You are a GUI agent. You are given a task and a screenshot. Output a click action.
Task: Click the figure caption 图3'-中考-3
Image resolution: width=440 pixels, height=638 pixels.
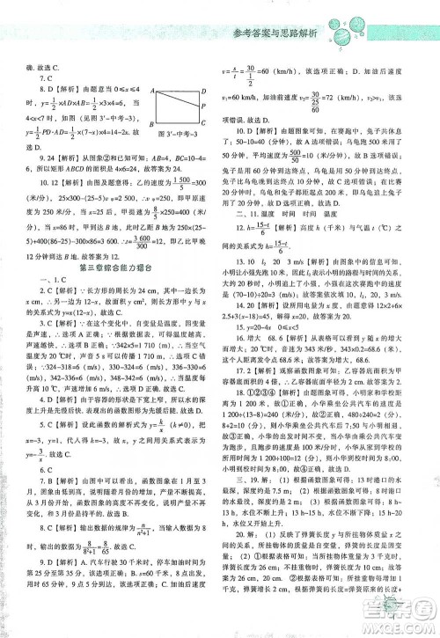(x=172, y=142)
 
